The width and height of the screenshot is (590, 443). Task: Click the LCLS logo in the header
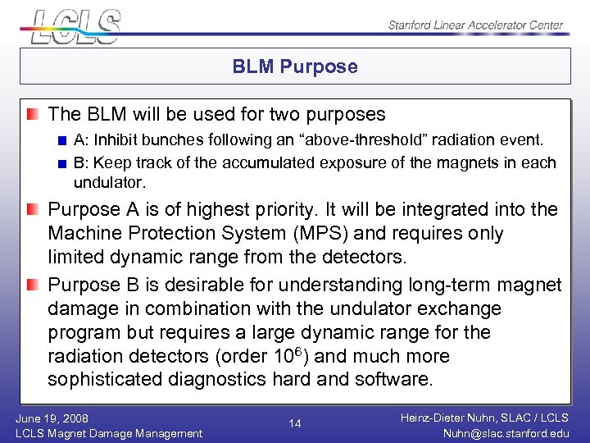tap(74, 25)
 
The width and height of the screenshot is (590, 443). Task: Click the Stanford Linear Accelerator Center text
tap(475, 25)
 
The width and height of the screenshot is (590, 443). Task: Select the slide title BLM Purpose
tap(295, 66)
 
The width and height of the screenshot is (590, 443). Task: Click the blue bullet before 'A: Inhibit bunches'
tap(62, 140)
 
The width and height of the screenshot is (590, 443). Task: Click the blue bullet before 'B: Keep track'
tap(62, 162)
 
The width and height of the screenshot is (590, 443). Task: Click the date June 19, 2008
tap(52, 418)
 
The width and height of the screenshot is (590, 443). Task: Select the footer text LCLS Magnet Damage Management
tap(109, 433)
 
